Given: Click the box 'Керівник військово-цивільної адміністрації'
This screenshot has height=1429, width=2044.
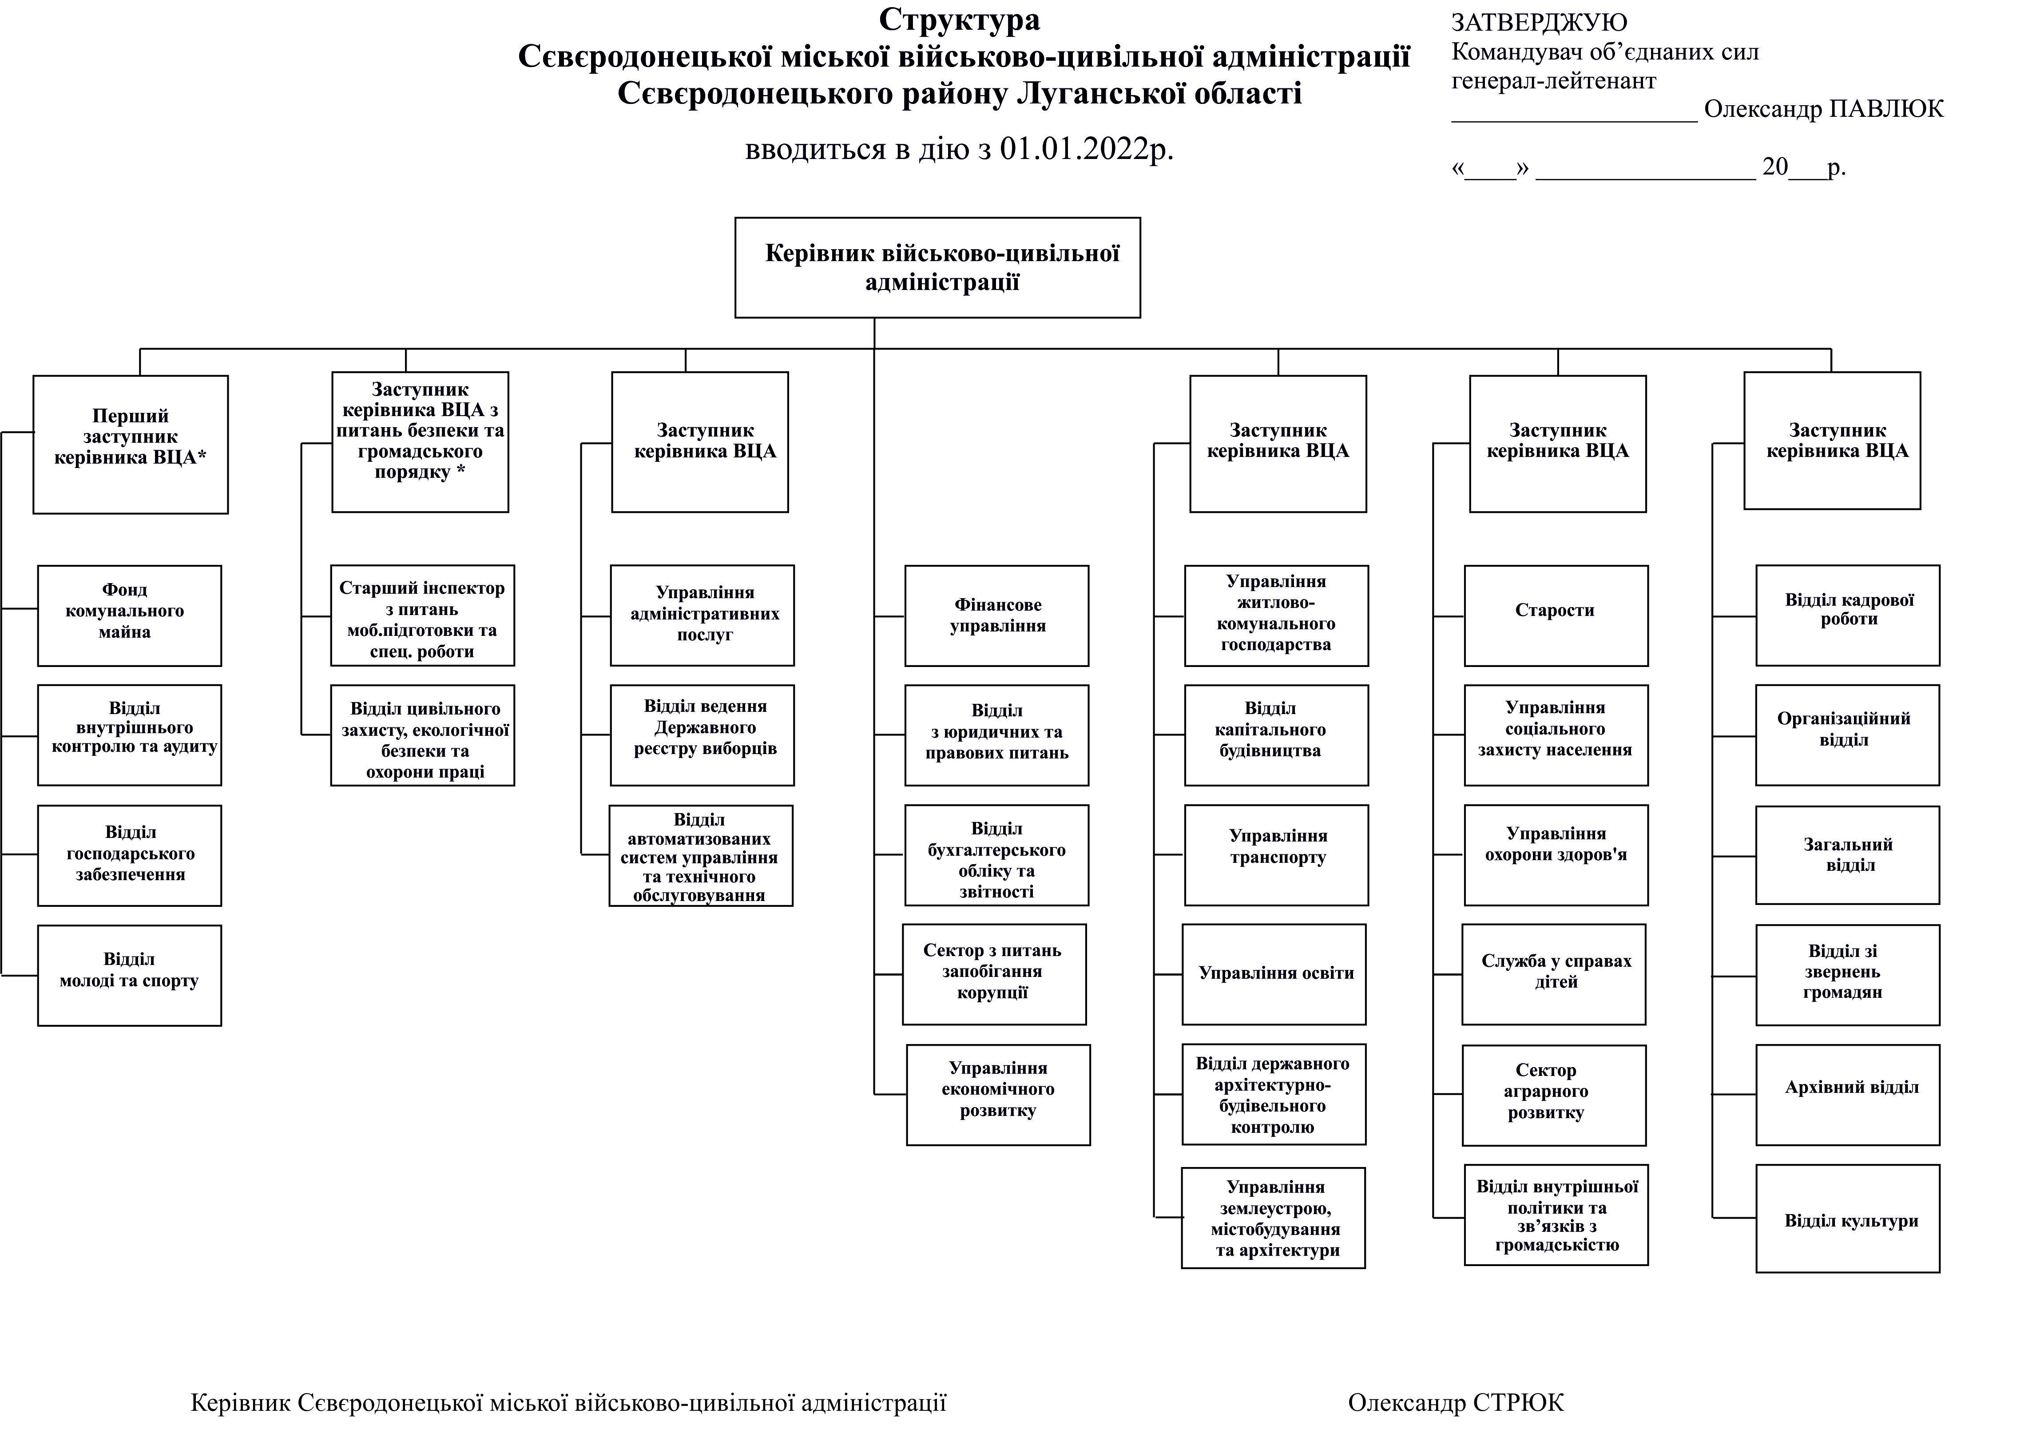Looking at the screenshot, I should (x=937, y=267).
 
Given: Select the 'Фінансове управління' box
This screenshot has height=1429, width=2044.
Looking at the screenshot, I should (x=996, y=615).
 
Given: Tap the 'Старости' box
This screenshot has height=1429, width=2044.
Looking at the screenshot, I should (x=1555, y=615).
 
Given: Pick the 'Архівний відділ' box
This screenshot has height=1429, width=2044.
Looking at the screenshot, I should (x=1847, y=1094).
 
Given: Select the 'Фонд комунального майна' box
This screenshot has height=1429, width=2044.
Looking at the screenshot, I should (x=129, y=615).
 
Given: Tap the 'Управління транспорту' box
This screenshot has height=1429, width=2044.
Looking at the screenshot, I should (x=1276, y=855).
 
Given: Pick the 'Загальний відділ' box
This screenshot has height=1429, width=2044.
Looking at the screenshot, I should (x=1847, y=855).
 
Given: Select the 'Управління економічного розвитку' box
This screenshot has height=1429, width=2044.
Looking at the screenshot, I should (x=998, y=1094).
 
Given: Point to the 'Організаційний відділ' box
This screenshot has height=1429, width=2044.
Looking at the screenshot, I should (x=1847, y=734).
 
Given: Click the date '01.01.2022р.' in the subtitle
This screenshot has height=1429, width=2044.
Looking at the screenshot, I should (x=1086, y=149).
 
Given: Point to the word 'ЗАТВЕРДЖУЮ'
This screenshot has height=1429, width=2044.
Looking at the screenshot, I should (x=1538, y=22).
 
